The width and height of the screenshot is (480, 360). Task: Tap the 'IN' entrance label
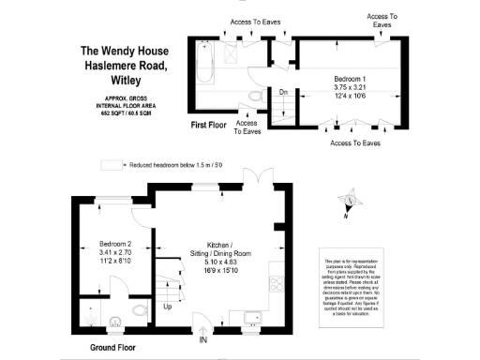click(x=203, y=339)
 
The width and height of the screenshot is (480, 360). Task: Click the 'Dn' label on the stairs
click(x=283, y=91)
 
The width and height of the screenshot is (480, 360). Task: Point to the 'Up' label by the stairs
click(x=168, y=306)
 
